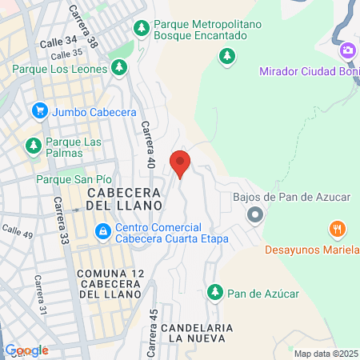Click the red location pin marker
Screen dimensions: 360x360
[180, 162]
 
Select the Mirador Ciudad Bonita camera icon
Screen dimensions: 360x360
[348, 51]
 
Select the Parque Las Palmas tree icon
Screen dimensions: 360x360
[33, 146]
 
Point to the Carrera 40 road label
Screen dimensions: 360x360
[148, 143]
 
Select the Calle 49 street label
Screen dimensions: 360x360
[17, 231]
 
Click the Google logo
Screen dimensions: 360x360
[27, 350]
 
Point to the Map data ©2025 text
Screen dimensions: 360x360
[326, 353]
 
